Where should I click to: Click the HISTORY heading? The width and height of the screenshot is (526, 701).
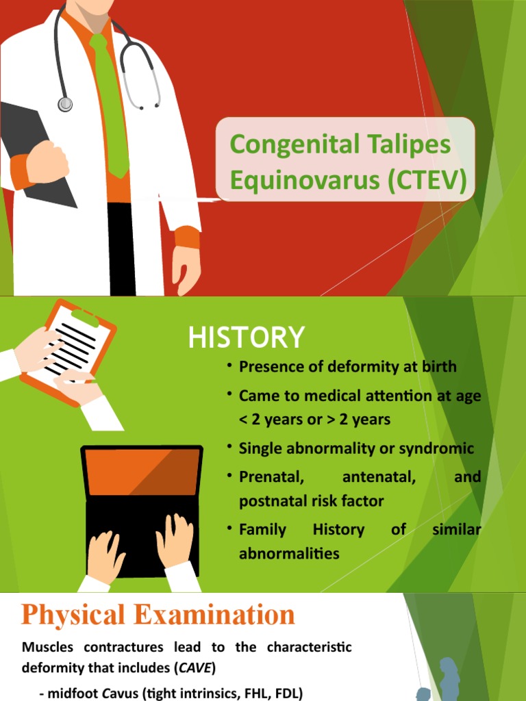(x=246, y=337)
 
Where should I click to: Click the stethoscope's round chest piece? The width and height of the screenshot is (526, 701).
(x=65, y=104)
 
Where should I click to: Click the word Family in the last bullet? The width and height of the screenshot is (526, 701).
(x=262, y=529)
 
